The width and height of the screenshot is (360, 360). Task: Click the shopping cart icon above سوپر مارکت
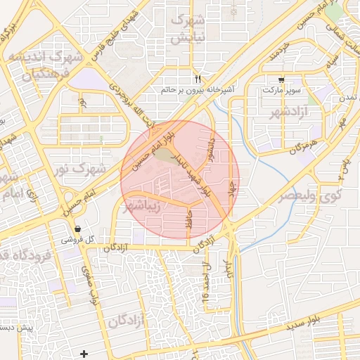click(x=282, y=79)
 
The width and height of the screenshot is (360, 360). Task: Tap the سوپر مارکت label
click(x=282, y=91)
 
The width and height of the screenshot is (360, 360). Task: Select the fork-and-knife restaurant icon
click(x=198, y=78)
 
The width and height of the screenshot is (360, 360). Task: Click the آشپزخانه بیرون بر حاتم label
click(x=198, y=90)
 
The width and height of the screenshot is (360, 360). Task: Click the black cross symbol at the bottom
click(x=84, y=353)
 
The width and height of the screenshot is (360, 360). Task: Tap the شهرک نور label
click(x=102, y=169)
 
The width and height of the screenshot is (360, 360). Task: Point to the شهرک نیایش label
click(x=190, y=27)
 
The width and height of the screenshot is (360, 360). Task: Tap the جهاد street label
click(x=230, y=190)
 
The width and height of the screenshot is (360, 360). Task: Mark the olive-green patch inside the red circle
click(x=165, y=154)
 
